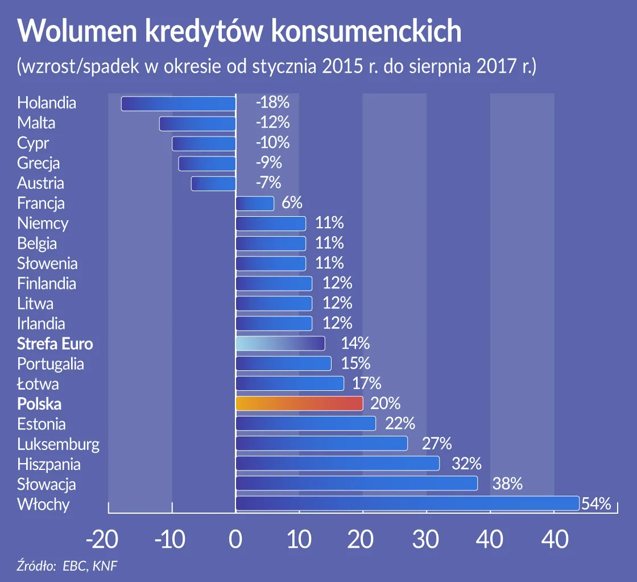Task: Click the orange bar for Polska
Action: pyautogui.click(x=299, y=403)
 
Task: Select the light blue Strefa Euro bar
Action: pyautogui.click(x=280, y=344)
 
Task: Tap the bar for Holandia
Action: pyautogui.click(x=179, y=104)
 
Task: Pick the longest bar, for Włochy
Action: pyautogui.click(x=407, y=503)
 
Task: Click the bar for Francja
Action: pyautogui.click(x=255, y=204)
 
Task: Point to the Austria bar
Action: pyautogui.click(x=213, y=184)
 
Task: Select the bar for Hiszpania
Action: pyautogui.click(x=337, y=464)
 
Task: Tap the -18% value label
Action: pyautogui.click(x=272, y=103)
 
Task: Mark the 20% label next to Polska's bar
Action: pyautogui.click(x=385, y=403)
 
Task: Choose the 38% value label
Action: pyautogui.click(x=507, y=484)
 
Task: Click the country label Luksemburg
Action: pyautogui.click(x=58, y=444)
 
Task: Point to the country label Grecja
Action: pyautogui.click(x=38, y=163)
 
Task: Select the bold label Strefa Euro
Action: pyautogui.click(x=55, y=344)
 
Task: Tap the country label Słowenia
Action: pyautogui.click(x=47, y=263)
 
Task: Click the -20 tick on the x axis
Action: pyautogui.click(x=102, y=540)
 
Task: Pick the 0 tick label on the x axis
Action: pyautogui.click(x=235, y=540)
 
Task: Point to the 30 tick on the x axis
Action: pyautogui.click(x=427, y=540)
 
